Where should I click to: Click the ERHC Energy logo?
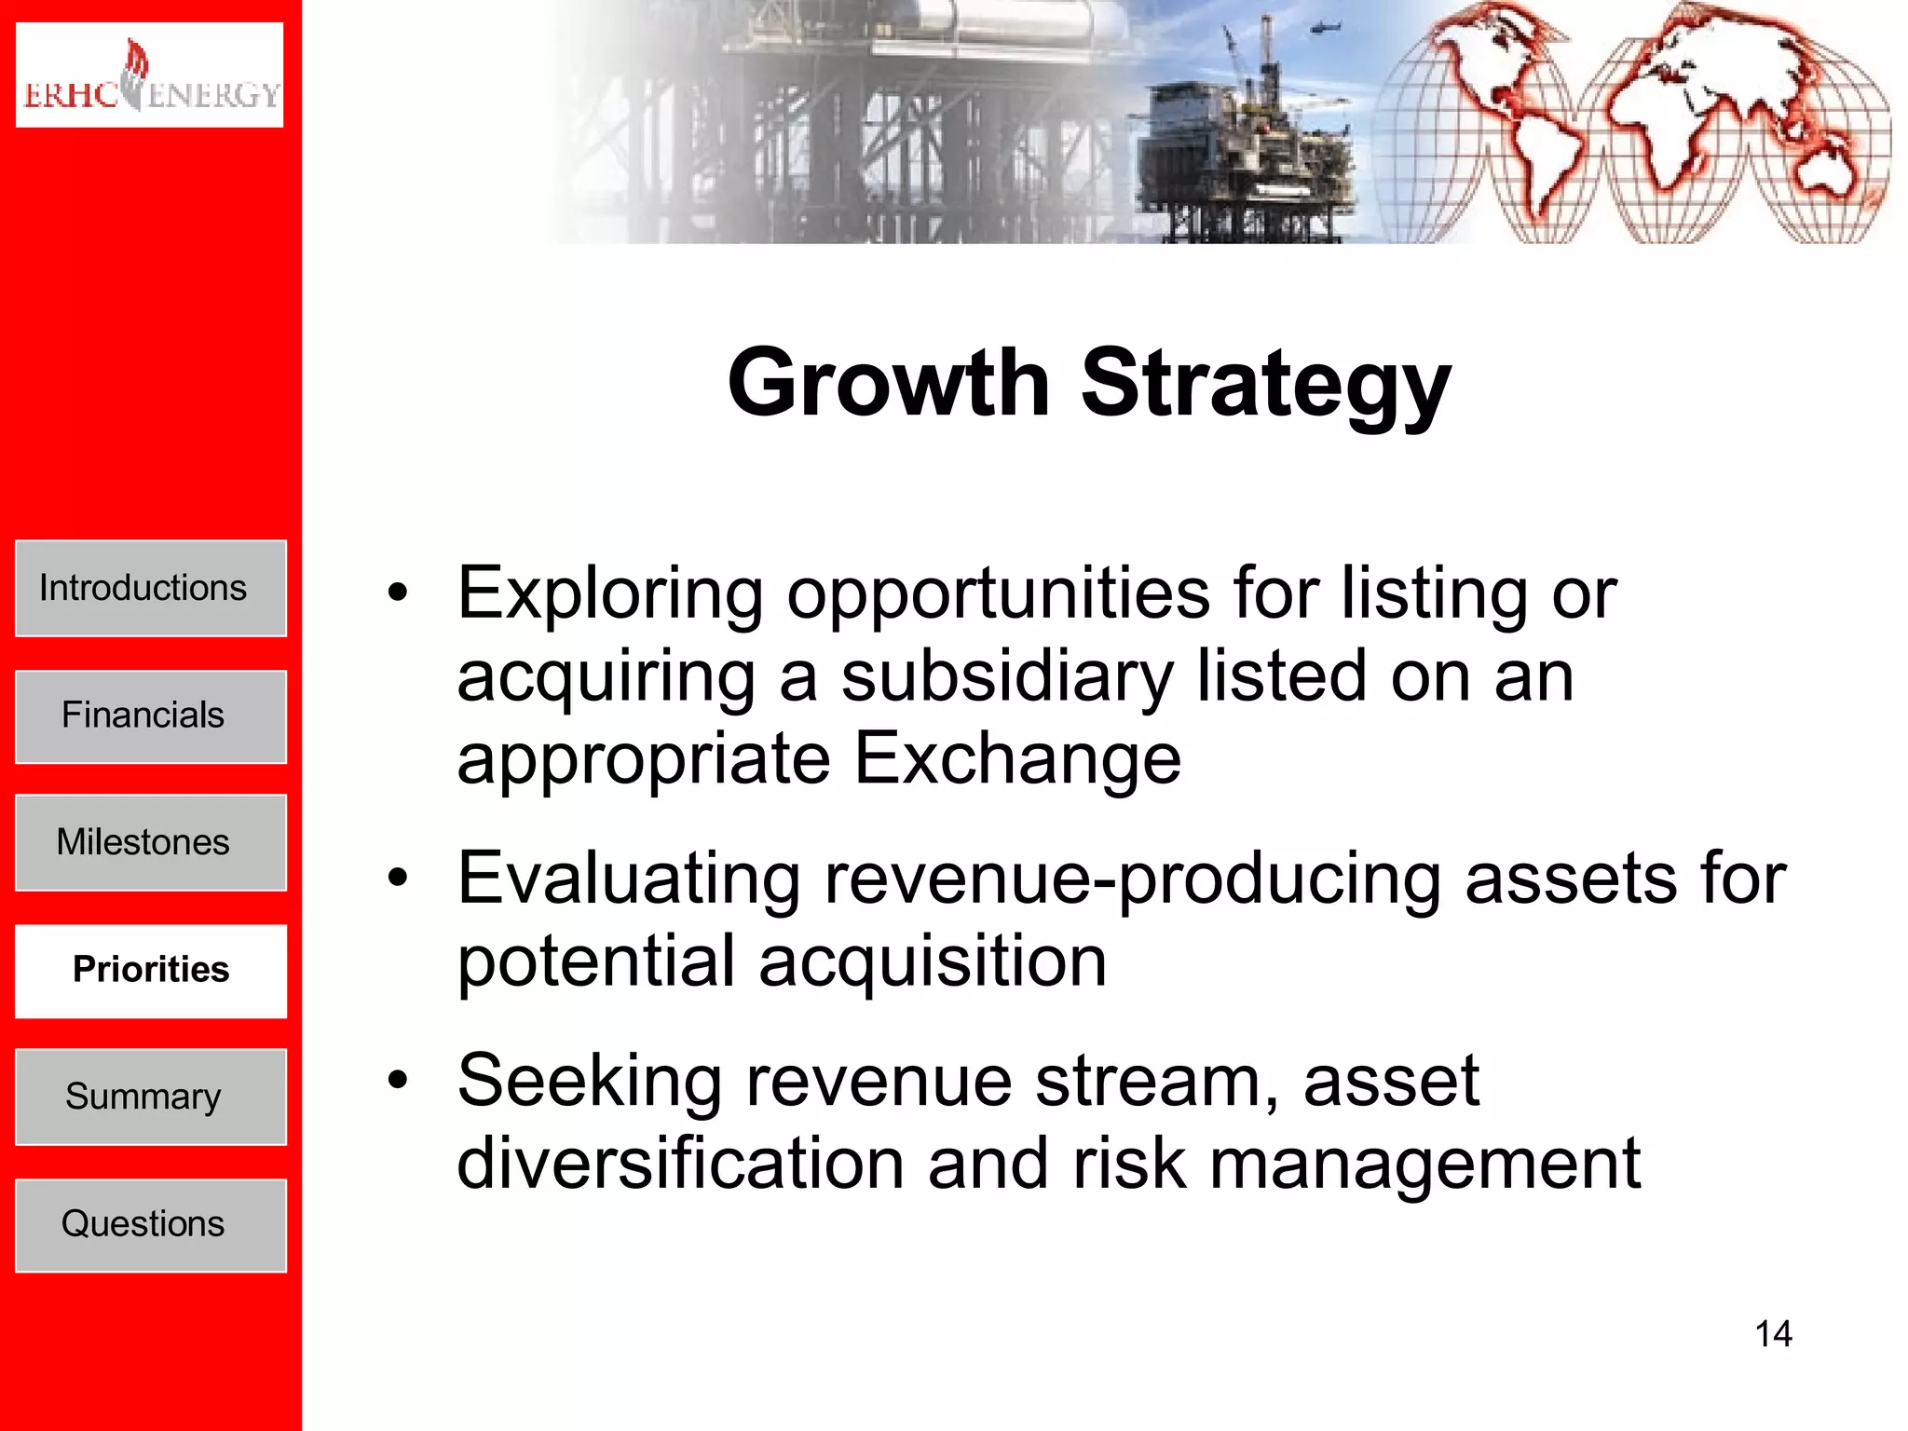[149, 75]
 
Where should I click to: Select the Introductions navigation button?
[151, 589]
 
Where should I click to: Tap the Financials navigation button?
[151, 716]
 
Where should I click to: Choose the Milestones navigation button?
[151, 843]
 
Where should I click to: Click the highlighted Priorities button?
[151, 971]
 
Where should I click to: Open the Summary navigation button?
[151, 1097]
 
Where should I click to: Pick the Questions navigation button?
[151, 1225]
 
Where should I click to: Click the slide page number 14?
[1773, 1334]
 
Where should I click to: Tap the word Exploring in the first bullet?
[610, 595]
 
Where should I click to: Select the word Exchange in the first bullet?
[1017, 758]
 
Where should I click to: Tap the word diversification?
[680, 1164]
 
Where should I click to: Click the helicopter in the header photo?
[1324, 28]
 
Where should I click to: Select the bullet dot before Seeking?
[399, 1081]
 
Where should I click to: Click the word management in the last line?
[1424, 1165]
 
